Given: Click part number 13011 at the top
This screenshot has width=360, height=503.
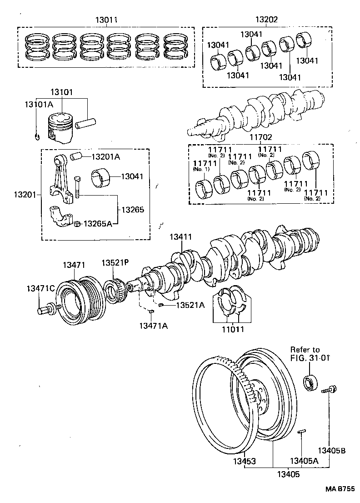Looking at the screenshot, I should [107, 20].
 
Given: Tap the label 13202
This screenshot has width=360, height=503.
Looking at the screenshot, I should [266, 20].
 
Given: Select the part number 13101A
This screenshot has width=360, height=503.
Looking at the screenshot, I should [39, 105].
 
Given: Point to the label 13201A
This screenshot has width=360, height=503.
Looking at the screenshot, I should [106, 157].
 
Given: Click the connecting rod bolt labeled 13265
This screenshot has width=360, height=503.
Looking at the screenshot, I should [77, 187].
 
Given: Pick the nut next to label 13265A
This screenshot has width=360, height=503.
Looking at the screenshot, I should [78, 223].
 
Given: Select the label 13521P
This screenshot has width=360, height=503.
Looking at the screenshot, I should [115, 263].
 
